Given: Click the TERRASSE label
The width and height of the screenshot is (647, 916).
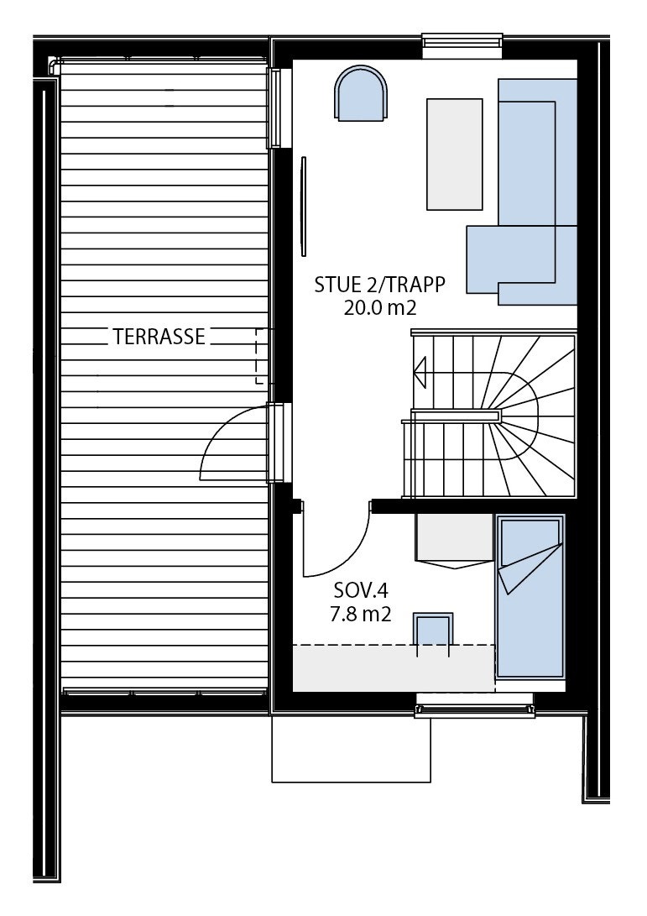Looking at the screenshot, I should (159, 337).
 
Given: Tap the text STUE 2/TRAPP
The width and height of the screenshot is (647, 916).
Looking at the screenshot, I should (378, 284).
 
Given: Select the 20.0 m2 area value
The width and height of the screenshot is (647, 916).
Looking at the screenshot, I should (379, 307).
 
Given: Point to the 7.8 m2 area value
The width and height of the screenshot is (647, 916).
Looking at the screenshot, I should (362, 615).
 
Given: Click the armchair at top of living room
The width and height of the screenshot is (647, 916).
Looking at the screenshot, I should (362, 95).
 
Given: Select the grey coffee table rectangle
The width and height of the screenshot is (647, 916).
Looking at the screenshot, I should (455, 154).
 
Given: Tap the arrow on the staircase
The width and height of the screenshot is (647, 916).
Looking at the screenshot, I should (420, 368).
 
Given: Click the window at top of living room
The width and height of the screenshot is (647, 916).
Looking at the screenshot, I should (462, 46).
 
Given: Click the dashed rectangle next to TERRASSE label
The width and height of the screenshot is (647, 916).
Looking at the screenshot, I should (263, 356).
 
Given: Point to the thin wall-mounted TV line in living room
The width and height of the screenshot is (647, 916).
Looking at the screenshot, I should (303, 205).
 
